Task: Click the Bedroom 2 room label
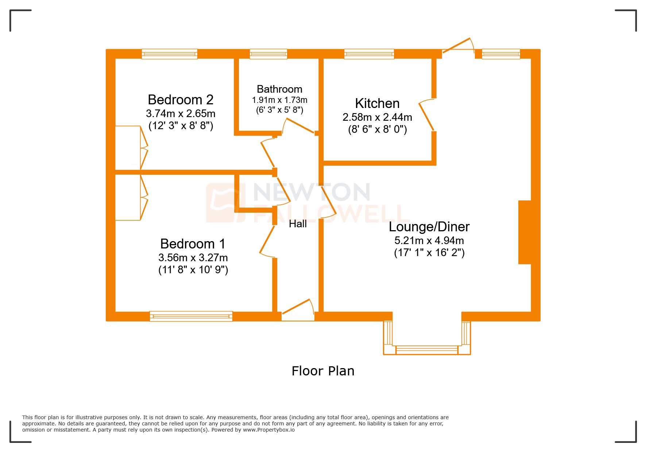[x=181, y=100]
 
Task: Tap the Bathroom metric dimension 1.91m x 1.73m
[x=279, y=100]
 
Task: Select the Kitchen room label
[x=377, y=104]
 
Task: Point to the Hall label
[x=298, y=224]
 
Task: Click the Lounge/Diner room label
[x=429, y=227]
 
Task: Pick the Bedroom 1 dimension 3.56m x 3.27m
[x=193, y=258]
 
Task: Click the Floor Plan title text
[x=323, y=371]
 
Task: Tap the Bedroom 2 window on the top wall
[x=170, y=54]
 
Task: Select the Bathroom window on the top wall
[x=268, y=54]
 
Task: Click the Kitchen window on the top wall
[x=369, y=54]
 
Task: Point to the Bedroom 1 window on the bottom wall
[x=191, y=316]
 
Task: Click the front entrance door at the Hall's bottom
[x=297, y=308]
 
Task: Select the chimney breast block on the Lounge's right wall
[x=525, y=232]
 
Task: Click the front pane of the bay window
[x=427, y=350]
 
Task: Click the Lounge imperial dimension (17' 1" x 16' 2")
[x=429, y=253]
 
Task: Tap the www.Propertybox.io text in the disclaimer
[x=269, y=430]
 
